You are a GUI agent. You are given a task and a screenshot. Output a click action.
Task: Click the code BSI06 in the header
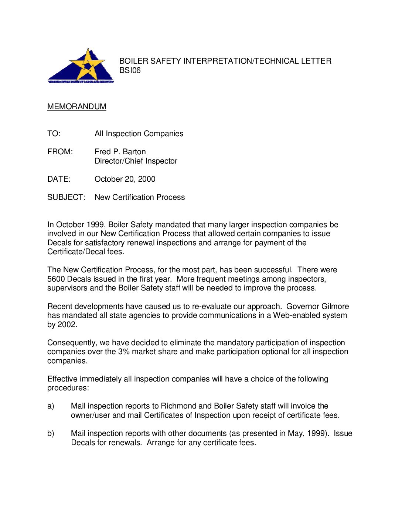pos(130,70)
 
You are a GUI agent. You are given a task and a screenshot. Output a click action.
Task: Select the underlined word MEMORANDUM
pos(77,107)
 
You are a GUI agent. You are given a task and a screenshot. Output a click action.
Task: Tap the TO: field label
pos(54,134)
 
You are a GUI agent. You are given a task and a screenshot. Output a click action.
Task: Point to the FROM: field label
pos(60,152)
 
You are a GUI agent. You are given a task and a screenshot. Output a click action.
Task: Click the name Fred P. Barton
pos(120,152)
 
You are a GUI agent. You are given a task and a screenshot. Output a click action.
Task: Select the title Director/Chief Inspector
pos(136,161)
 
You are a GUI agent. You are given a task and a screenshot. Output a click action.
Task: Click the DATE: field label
pos(59,179)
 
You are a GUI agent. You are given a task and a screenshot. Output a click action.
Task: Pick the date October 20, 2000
pos(125,179)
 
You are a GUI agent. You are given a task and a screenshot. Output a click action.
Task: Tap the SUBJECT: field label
pos(66,197)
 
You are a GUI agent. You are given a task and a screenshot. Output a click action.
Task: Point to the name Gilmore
pos(335,306)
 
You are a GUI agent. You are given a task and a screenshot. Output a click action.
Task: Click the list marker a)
pos(51,406)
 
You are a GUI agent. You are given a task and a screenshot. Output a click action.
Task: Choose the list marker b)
pos(51,433)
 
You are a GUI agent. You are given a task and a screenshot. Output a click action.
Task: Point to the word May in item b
pos(295,433)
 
